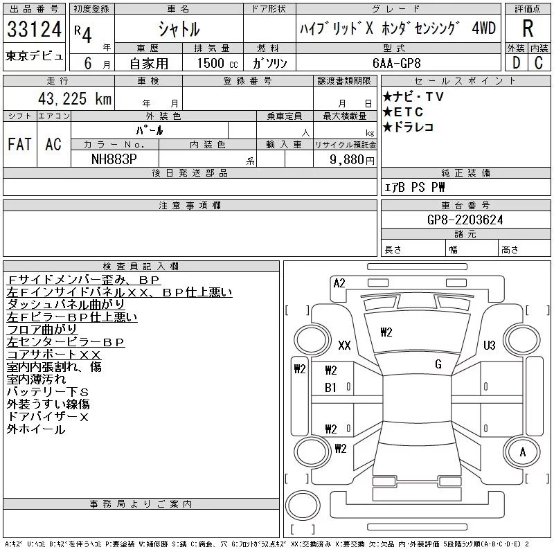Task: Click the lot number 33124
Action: (34, 30)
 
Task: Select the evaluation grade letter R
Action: (528, 29)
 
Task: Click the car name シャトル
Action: (179, 29)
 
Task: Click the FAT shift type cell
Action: (19, 144)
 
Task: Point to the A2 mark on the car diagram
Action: (339, 283)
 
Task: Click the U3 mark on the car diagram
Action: (490, 345)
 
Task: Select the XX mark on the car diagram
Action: (344, 345)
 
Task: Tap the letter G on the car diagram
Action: (438, 364)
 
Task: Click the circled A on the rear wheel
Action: (523, 452)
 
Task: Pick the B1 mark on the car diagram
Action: (330, 388)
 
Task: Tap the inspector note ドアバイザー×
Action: (48, 417)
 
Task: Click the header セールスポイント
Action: (465, 81)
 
